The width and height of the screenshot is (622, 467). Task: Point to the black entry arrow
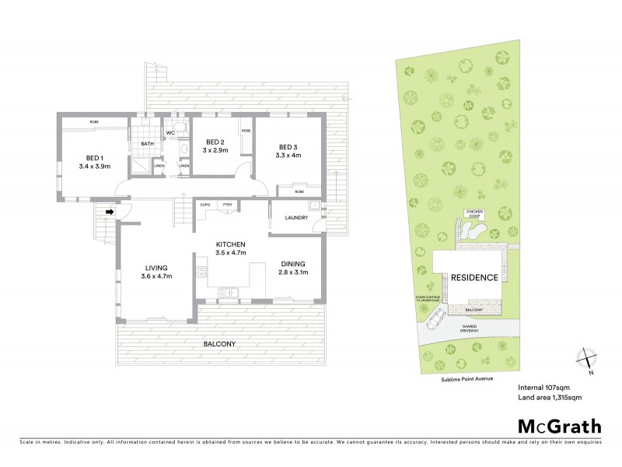coord(110,210)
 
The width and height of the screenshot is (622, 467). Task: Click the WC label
coord(169,133)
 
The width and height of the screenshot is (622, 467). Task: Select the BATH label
coord(147,144)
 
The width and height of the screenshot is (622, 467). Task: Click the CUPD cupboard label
coord(206,204)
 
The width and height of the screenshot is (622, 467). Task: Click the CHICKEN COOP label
coord(474,214)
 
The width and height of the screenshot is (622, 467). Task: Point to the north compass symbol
coord(589,359)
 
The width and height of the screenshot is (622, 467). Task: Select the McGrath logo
coord(559,426)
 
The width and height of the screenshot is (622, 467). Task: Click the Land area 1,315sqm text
coord(550,398)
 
